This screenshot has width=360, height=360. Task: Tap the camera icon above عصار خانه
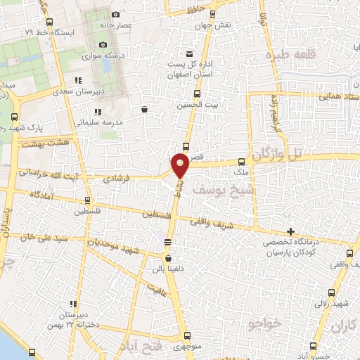coord(116,14)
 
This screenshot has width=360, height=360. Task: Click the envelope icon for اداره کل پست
coord(188,54)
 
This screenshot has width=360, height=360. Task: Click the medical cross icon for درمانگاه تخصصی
coord(290,231)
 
